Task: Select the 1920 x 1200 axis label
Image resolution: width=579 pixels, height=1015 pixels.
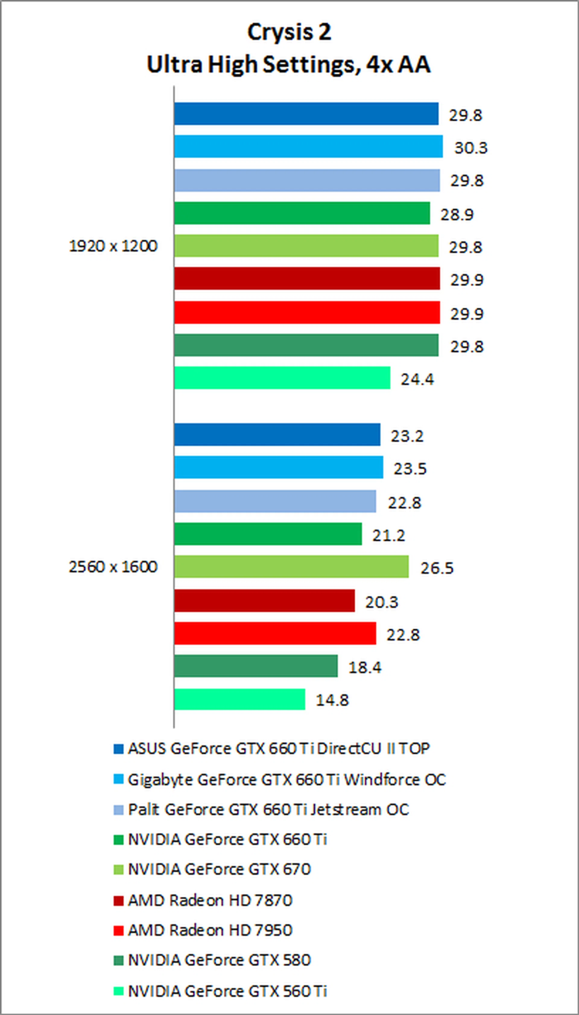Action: (x=113, y=246)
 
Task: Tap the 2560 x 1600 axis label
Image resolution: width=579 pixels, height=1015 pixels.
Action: (x=113, y=567)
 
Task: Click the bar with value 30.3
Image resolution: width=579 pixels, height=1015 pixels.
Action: (x=308, y=146)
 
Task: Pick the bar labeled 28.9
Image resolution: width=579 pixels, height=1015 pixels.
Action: (x=302, y=213)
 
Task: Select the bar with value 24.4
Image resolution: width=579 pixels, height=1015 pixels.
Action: (x=282, y=378)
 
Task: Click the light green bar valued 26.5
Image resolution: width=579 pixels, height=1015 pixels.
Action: (x=291, y=566)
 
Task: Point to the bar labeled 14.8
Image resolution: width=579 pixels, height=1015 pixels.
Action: (x=239, y=699)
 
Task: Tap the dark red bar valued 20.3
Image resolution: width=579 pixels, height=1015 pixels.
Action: (x=264, y=600)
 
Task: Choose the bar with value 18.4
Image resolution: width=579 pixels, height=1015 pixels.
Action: (x=256, y=666)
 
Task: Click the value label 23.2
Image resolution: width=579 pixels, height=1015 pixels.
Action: (x=407, y=436)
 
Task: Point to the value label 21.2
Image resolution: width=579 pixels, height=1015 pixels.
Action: (x=388, y=535)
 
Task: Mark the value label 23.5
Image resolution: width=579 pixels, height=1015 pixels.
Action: (x=410, y=469)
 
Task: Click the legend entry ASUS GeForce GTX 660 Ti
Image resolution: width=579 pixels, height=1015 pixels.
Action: (x=278, y=748)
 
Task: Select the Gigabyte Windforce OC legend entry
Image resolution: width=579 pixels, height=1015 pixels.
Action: (x=286, y=780)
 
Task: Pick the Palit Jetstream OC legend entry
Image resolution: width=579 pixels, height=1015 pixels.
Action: (x=268, y=809)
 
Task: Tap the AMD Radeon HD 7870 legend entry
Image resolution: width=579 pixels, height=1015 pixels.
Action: (x=210, y=900)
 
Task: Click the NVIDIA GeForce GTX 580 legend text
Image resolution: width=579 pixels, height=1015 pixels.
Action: (x=219, y=960)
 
